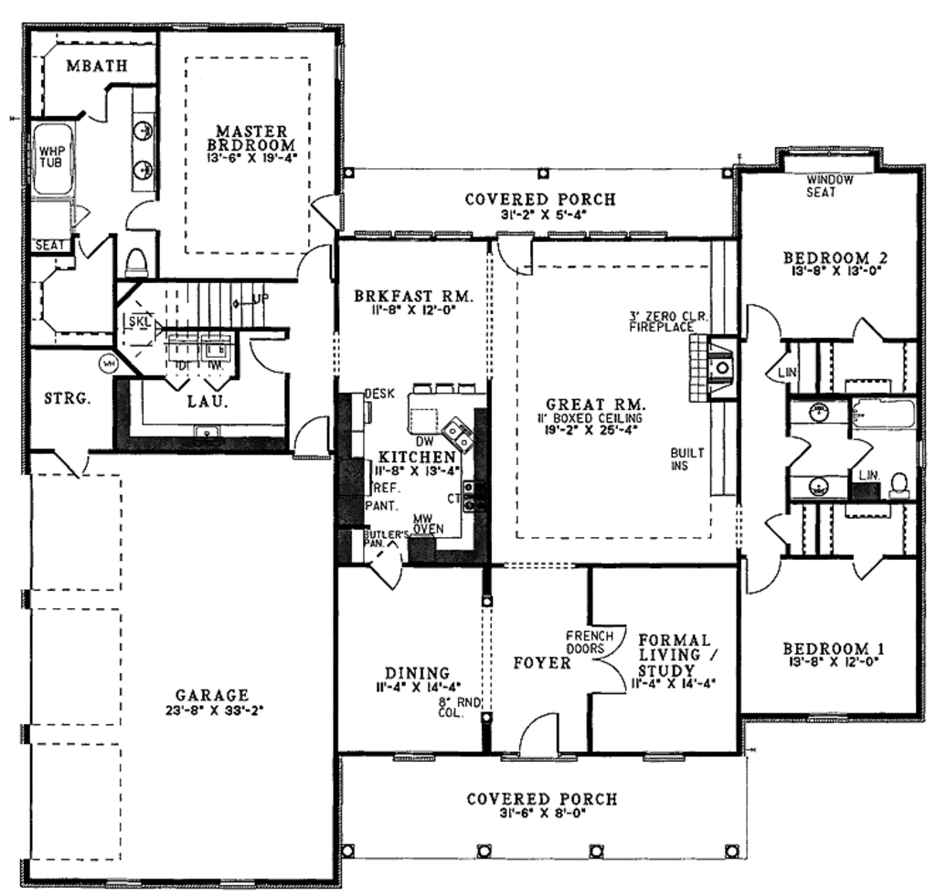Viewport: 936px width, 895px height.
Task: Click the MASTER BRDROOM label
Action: tap(250, 137)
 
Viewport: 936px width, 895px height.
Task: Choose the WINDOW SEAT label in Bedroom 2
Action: tap(829, 186)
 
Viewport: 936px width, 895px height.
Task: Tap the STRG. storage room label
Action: tap(65, 398)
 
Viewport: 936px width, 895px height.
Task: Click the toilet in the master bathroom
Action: tap(137, 262)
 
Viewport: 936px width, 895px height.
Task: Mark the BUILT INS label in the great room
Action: tap(686, 459)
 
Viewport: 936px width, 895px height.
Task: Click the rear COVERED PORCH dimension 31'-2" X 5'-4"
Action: tap(539, 216)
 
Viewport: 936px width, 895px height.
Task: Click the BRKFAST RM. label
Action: tap(412, 297)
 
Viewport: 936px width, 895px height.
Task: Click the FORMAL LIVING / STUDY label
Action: tap(674, 656)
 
